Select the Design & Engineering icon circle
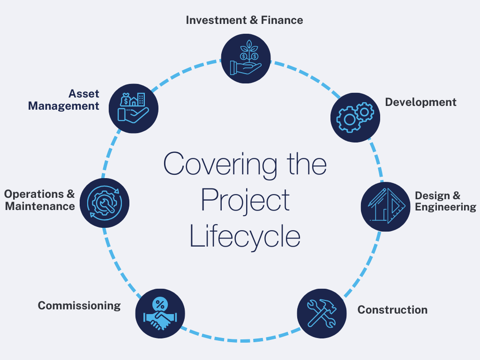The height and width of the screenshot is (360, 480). [x=385, y=206]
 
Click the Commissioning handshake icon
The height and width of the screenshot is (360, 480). [x=160, y=313]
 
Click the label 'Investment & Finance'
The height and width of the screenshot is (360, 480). [x=244, y=20]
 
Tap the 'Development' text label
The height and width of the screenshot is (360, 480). [x=420, y=102]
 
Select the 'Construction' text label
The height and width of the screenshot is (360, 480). [x=392, y=310]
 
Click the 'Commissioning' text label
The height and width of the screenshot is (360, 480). [x=79, y=306]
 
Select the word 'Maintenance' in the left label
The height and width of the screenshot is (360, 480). [x=40, y=206]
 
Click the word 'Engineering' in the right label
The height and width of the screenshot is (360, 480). [x=445, y=207]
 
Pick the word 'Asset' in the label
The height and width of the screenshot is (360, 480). [x=84, y=93]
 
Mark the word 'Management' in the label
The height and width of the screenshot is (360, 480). [x=64, y=106]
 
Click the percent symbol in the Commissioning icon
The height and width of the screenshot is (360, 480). [x=159, y=303]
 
